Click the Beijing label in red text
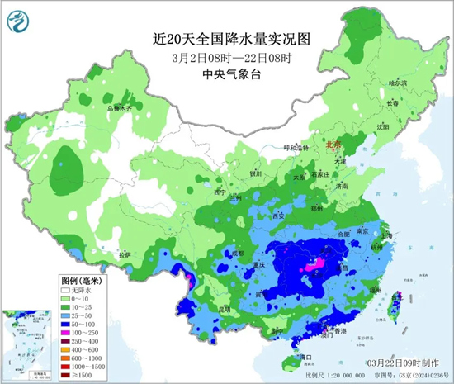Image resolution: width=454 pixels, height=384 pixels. [x=333, y=143]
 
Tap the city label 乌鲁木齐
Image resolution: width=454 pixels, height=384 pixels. [x=117, y=107]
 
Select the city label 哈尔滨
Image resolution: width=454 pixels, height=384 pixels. [x=398, y=83]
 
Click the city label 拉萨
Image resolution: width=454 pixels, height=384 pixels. [x=125, y=255]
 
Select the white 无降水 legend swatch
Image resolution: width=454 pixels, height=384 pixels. [x=67, y=290]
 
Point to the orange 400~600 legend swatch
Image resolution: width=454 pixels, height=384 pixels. [x=67, y=348]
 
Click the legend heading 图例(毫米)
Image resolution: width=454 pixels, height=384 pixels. [x=83, y=281]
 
